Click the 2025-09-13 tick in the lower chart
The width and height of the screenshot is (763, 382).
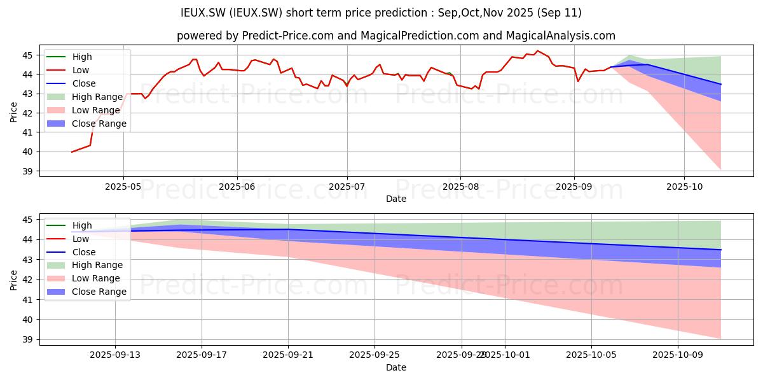115,355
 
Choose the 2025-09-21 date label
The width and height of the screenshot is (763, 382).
288,355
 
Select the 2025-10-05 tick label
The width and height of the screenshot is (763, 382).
591,355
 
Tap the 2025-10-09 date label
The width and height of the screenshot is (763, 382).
678,355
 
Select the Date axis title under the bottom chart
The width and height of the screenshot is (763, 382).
395,367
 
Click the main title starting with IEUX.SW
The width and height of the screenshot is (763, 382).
381,13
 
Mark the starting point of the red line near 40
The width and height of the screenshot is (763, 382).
71,152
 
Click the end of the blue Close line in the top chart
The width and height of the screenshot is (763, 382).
721,84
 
